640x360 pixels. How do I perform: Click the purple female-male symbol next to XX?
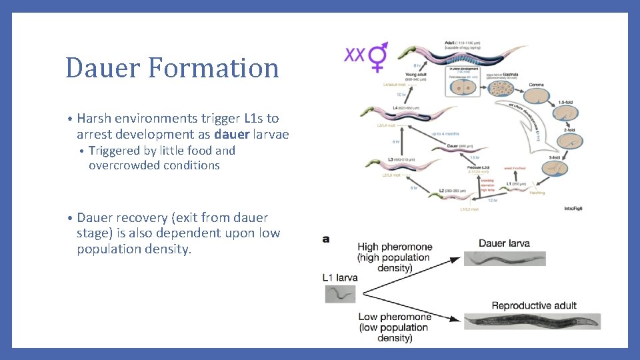tap(378, 57)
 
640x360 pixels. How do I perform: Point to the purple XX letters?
tap(355, 54)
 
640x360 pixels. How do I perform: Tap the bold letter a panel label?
tap(326, 239)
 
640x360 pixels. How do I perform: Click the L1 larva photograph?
tap(340, 293)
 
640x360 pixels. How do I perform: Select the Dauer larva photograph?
tap(505, 258)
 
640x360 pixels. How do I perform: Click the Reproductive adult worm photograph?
tap(532, 321)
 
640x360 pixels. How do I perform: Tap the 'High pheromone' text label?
tap(395, 247)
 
